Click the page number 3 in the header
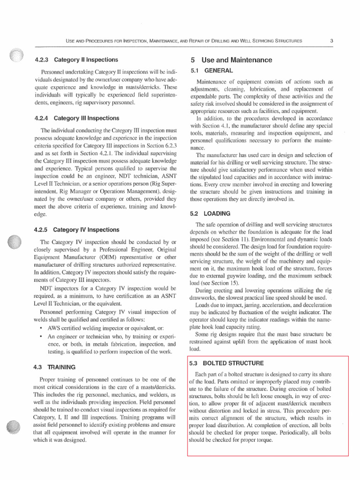(x=331, y=41)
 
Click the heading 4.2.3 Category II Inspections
(x=76, y=60)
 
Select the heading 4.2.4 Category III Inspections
(x=76, y=118)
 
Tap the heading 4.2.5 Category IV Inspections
(x=77, y=230)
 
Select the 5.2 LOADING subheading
(x=212, y=213)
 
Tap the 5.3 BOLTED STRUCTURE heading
(x=226, y=363)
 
